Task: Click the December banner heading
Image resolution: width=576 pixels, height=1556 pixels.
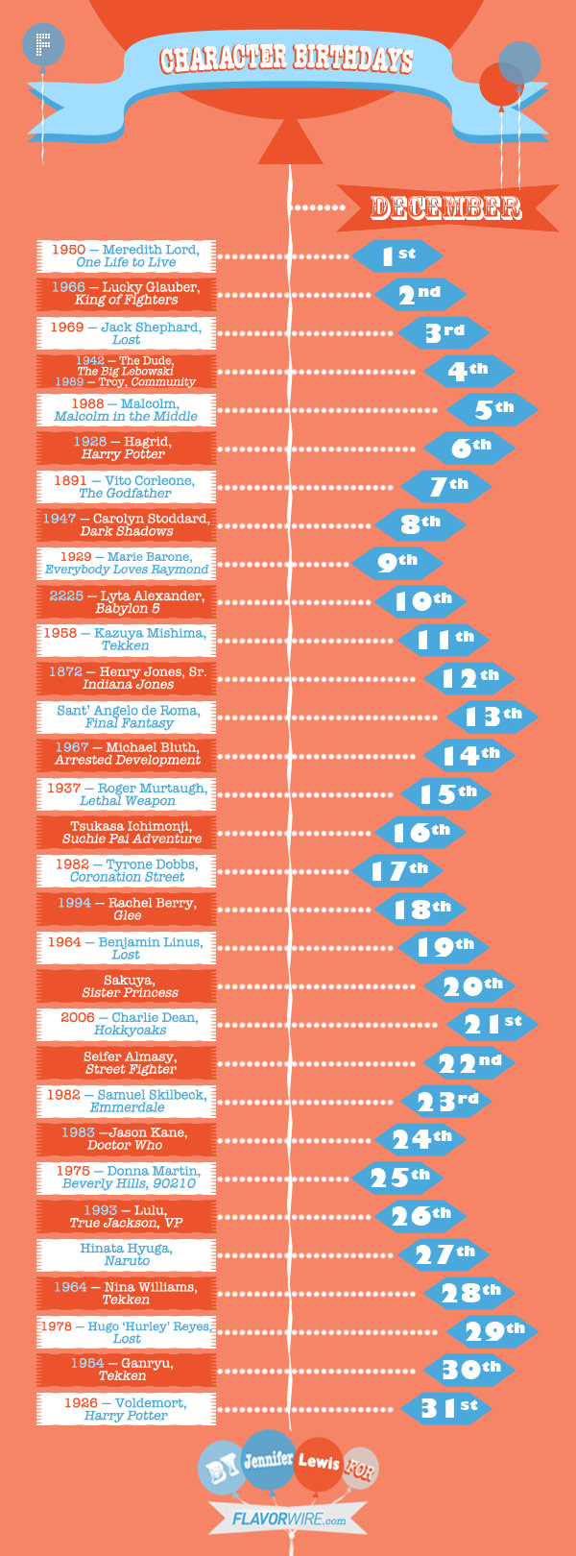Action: click(445, 207)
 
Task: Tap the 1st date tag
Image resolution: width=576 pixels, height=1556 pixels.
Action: click(397, 255)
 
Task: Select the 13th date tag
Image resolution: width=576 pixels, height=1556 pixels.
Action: click(492, 717)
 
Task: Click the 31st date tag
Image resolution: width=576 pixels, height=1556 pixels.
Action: click(447, 1408)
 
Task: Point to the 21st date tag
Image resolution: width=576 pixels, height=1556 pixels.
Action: click(492, 1024)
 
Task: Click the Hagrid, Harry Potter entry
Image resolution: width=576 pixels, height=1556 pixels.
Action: click(126, 448)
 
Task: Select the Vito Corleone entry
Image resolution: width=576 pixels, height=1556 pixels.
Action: click(126, 486)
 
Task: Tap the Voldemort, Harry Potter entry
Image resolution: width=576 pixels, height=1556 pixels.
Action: click(126, 1409)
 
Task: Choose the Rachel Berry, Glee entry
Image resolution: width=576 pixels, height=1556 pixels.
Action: click(126, 909)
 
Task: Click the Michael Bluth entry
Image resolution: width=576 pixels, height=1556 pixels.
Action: click(126, 754)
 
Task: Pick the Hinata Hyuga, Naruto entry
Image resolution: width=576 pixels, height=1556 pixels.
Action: click(126, 1254)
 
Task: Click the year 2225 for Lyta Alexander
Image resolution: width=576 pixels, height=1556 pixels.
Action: click(66, 596)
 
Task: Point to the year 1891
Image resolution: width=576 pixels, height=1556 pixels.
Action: click(70, 480)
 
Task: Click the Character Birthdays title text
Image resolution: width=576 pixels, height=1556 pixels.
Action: click(286, 60)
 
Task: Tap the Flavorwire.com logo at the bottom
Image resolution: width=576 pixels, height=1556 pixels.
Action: click(289, 1520)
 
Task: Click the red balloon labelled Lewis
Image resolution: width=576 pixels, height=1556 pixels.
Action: click(319, 1463)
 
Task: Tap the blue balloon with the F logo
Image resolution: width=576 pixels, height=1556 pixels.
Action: click(42, 44)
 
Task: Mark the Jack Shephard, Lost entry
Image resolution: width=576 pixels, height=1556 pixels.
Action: click(126, 332)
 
